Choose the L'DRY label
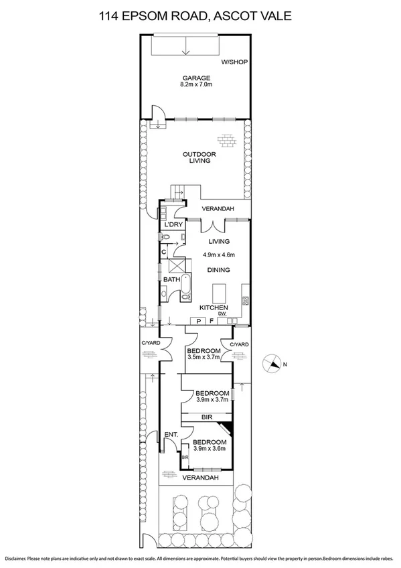pos(173,224)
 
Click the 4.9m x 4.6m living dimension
pos(219,255)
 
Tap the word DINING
pos(218,270)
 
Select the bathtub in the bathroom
pos(185,286)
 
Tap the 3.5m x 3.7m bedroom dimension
pos(204,359)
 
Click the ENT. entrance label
pos(171,435)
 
